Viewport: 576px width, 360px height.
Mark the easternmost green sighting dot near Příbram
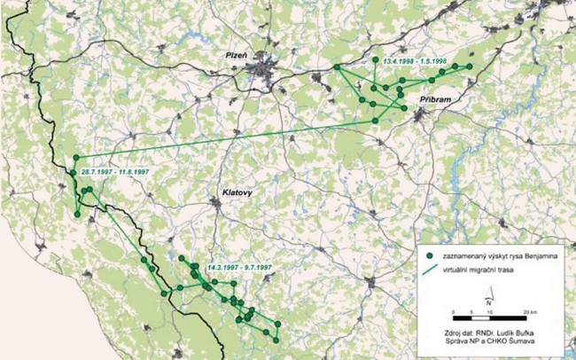coord(471,67)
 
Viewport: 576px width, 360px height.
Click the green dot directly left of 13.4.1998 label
coord(375,59)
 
